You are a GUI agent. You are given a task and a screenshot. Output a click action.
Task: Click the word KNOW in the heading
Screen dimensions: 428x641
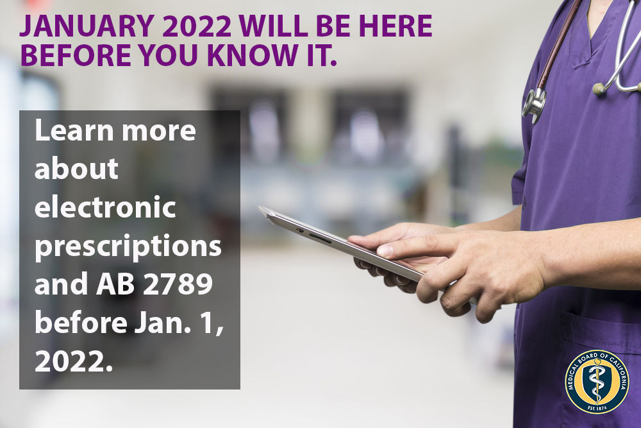pyautogui.click(x=242, y=56)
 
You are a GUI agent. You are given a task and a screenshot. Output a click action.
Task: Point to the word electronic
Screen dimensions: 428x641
pyautogui.click(x=105, y=209)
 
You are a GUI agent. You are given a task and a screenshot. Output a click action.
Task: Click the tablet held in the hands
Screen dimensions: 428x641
pyautogui.click(x=333, y=241)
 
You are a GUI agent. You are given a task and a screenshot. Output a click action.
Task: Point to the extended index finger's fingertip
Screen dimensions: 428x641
pyautogui.click(x=356, y=243)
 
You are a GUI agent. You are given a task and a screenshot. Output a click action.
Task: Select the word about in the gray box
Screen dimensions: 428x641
pyautogui.click(x=76, y=169)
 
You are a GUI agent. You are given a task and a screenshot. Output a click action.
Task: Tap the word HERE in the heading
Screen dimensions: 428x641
pyautogui.click(x=397, y=26)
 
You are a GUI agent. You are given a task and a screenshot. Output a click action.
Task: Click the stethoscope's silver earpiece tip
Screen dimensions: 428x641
pyautogui.click(x=600, y=89)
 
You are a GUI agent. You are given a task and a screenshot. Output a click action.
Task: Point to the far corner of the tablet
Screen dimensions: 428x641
pyautogui.click(x=262, y=209)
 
